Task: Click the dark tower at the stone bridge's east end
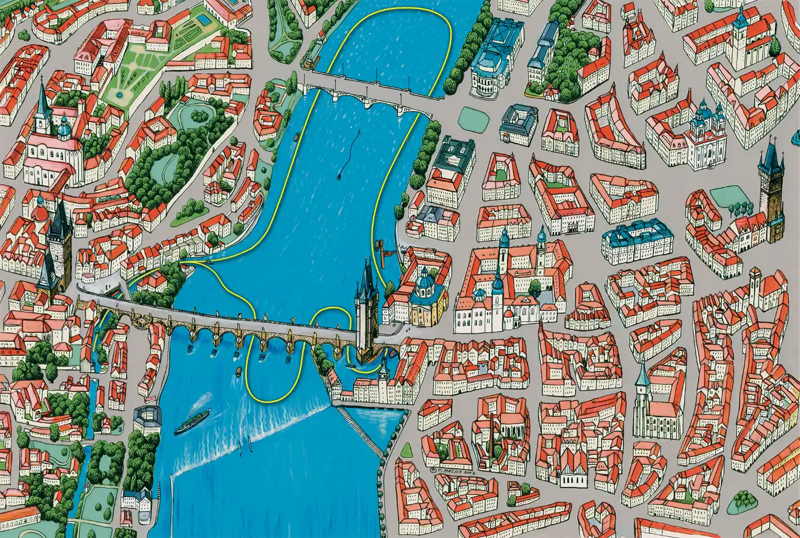pos(366,312)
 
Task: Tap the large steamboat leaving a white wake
pos(191,423)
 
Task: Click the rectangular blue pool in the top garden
pos(203,21)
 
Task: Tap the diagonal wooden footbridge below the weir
pos(360,432)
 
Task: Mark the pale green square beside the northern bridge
pos(470,117)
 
